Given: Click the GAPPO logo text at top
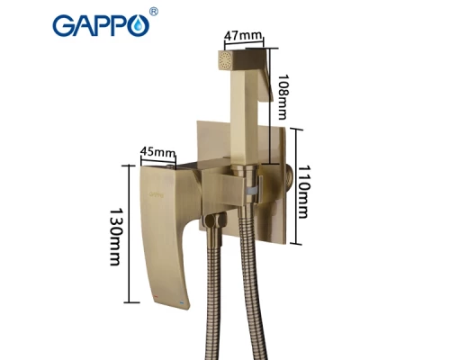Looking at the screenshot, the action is click(x=101, y=26).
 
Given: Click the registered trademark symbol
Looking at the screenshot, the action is click(x=154, y=12).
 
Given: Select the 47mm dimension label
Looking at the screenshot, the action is click(x=243, y=36).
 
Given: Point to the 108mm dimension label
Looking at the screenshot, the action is click(x=283, y=97).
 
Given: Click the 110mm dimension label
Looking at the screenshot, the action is click(x=303, y=192).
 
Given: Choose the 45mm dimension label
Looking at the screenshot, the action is click(x=158, y=152).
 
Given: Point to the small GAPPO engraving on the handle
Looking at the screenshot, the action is click(x=157, y=194).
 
